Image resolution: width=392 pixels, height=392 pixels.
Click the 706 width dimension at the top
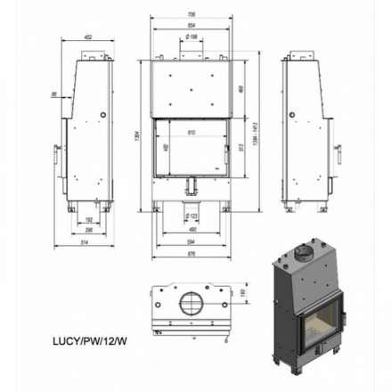192,13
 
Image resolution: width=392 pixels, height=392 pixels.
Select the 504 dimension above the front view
192,26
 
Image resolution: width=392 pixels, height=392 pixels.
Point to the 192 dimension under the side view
87,218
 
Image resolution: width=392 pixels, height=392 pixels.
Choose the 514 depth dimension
83,241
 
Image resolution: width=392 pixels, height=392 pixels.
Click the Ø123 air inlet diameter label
192,216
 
